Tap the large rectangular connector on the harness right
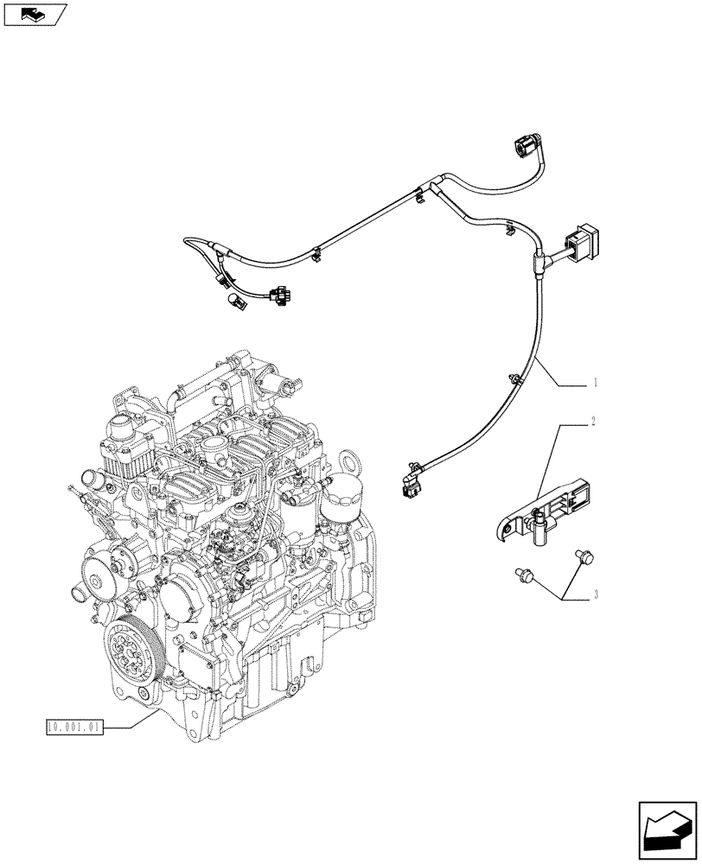pos(579,238)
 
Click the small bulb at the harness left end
pos(233,300)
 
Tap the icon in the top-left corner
pos(35,14)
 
